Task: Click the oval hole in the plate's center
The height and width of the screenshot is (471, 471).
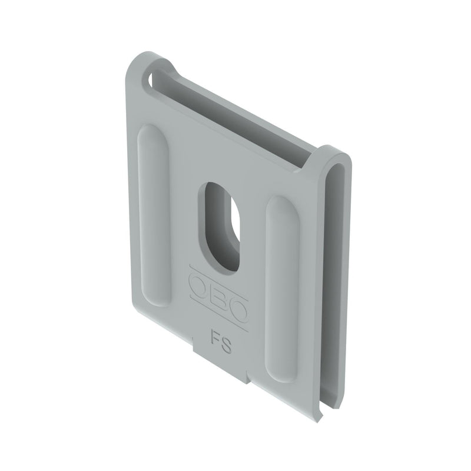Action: (x=221, y=227)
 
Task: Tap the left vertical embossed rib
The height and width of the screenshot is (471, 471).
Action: (x=154, y=214)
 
